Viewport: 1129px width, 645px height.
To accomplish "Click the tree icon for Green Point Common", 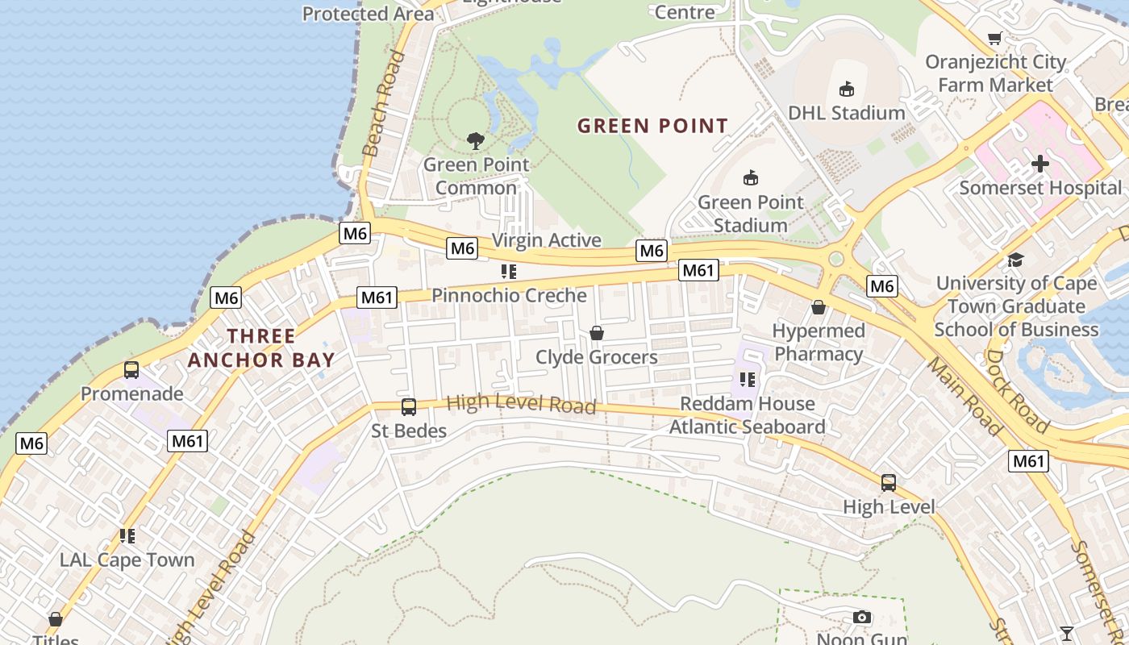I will pyautogui.click(x=476, y=141).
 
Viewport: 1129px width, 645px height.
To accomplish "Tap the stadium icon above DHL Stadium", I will pyautogui.click(x=846, y=89).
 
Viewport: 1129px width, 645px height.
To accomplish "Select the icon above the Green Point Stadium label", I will pyautogui.click(x=751, y=177).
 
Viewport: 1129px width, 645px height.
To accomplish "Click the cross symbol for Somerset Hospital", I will pyautogui.click(x=1040, y=164).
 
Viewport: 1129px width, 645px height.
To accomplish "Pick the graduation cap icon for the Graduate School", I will pyautogui.click(x=1015, y=260).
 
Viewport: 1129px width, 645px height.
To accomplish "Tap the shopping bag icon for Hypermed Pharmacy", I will pyautogui.click(x=819, y=307).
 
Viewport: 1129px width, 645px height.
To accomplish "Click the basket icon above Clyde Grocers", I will pyautogui.click(x=597, y=333).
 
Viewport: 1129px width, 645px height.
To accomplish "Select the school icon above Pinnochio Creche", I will pyautogui.click(x=508, y=272).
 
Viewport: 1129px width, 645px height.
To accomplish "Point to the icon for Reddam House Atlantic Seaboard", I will pyautogui.click(x=747, y=379).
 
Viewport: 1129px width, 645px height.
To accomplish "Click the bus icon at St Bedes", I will pyautogui.click(x=409, y=407).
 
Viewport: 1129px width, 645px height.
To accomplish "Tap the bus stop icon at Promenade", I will pyautogui.click(x=131, y=370).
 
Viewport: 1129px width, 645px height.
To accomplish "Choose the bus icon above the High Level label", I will pyautogui.click(x=889, y=483).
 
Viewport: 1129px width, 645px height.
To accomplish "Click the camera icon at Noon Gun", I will pyautogui.click(x=862, y=618).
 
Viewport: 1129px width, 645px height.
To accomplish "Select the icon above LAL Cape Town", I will pyautogui.click(x=127, y=535).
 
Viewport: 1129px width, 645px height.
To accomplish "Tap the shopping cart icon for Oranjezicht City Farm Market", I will pyautogui.click(x=995, y=39).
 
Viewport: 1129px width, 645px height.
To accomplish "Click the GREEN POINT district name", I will pyautogui.click(x=653, y=126).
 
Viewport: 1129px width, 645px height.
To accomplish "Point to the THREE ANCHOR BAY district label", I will pyautogui.click(x=261, y=348).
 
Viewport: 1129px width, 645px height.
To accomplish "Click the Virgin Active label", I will pyautogui.click(x=547, y=240).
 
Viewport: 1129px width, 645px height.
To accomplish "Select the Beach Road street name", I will pyautogui.click(x=384, y=103).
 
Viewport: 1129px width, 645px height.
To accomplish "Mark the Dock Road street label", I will pyautogui.click(x=1018, y=391).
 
